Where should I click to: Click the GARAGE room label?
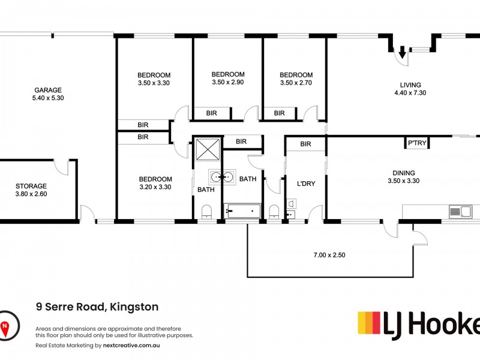click(47, 91)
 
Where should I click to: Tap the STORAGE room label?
click(31, 186)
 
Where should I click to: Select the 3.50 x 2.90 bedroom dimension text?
click(227, 83)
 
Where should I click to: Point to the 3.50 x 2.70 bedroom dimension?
click(296, 83)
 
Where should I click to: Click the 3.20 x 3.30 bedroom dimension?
click(155, 187)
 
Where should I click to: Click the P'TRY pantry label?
click(416, 144)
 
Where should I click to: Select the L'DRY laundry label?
click(306, 184)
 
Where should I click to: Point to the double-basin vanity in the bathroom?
click(222, 178)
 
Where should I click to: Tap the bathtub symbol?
click(242, 210)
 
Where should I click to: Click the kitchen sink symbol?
click(460, 211)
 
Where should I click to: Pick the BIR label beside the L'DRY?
click(305, 144)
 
